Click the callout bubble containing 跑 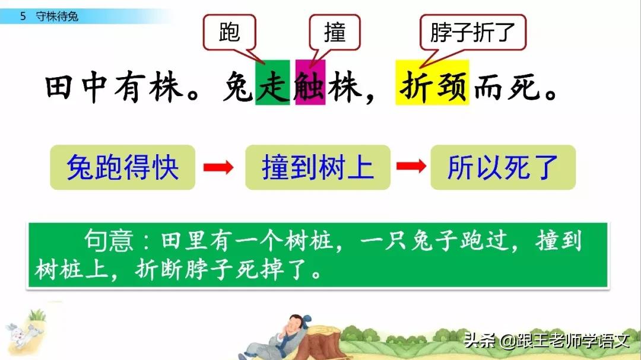point(230,33)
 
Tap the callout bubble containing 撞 point(335,33)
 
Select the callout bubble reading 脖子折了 point(473,33)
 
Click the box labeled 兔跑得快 point(122,167)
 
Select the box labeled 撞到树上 point(318,167)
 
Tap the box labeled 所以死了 point(503,167)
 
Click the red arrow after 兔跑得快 point(219,167)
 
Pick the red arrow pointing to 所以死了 point(411,167)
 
